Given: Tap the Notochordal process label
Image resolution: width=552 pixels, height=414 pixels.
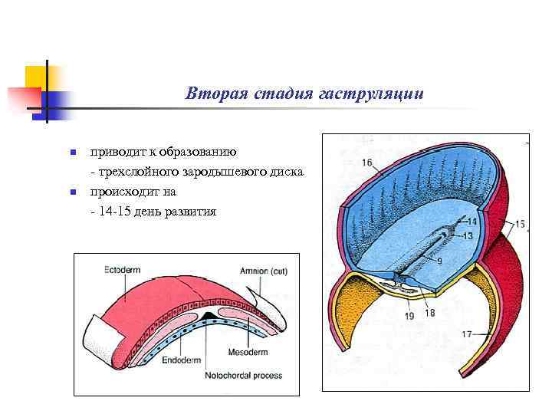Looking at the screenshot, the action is (243, 375).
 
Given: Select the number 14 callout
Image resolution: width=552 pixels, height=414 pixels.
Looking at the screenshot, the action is (472, 221).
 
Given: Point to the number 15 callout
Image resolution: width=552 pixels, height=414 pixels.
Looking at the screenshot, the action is (520, 224).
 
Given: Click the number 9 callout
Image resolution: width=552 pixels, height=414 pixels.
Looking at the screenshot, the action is (439, 261).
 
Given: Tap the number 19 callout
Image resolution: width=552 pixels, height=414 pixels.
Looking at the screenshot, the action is (409, 315).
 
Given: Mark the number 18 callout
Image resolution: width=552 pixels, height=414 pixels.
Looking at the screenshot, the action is (429, 312).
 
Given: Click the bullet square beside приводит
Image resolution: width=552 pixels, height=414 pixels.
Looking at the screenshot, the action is (74, 153).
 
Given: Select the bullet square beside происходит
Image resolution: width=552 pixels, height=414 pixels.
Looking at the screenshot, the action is (74, 192).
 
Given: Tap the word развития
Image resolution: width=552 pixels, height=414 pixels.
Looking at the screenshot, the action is (188, 211).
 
